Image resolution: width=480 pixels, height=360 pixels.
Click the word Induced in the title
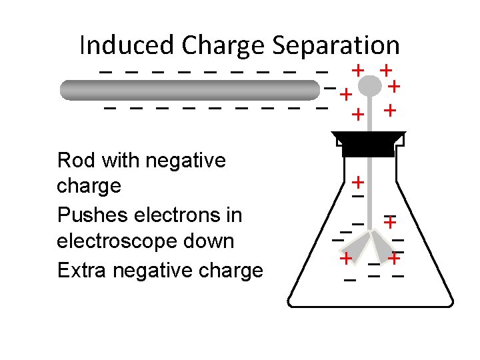pyautogui.click(x=126, y=45)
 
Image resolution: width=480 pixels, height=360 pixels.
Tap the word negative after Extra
pyautogui.click(x=147, y=270)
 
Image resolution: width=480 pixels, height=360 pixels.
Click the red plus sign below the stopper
pyautogui.click(x=358, y=181)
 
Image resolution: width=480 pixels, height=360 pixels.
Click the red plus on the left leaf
pyautogui.click(x=346, y=258)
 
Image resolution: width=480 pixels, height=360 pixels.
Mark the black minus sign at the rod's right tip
pyautogui.click(x=329, y=89)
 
